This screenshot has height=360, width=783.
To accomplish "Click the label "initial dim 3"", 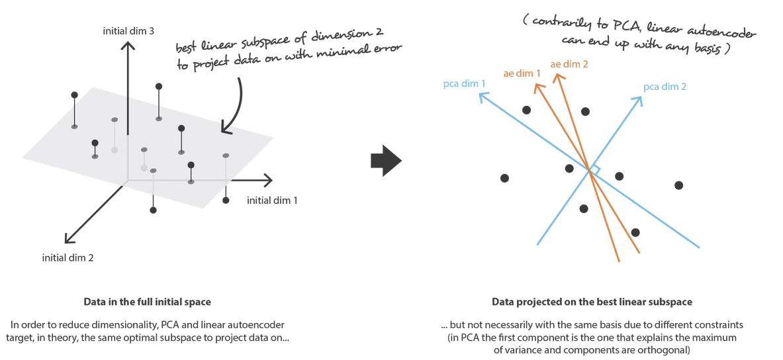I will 128,30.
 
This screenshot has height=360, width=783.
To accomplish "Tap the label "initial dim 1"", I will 272,200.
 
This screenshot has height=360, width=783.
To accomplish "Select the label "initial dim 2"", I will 68,257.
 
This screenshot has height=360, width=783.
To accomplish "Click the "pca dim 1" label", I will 464,84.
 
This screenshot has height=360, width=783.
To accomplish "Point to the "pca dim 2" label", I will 665,87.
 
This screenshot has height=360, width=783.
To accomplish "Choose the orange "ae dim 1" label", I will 522,73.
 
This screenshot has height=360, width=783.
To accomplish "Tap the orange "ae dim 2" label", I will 569,65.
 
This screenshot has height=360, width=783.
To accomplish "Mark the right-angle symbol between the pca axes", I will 594,170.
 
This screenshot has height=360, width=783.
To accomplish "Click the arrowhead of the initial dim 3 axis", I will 129,46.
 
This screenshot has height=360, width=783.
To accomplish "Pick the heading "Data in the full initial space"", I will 147,302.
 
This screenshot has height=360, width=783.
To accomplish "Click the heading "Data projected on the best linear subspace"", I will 592,302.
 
